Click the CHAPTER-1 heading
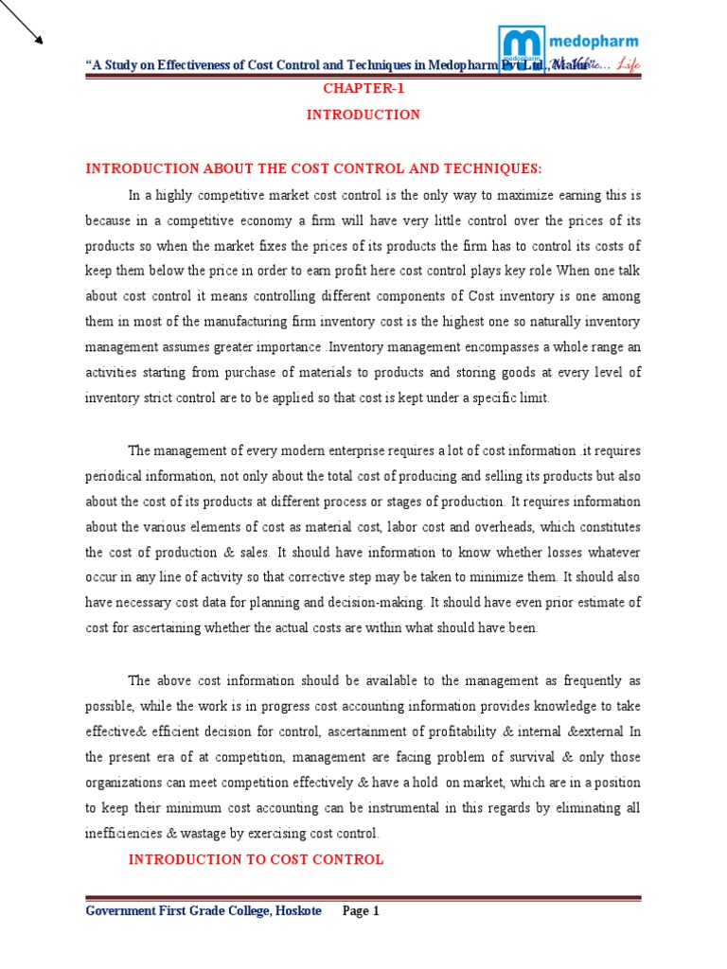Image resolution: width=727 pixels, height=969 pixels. click(363, 89)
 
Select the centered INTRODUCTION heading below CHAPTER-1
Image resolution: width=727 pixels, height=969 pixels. click(363, 115)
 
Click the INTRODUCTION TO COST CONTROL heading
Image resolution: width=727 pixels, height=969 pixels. click(256, 859)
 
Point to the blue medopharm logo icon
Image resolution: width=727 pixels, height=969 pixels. click(520, 49)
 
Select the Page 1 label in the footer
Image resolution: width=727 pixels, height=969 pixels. click(361, 911)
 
